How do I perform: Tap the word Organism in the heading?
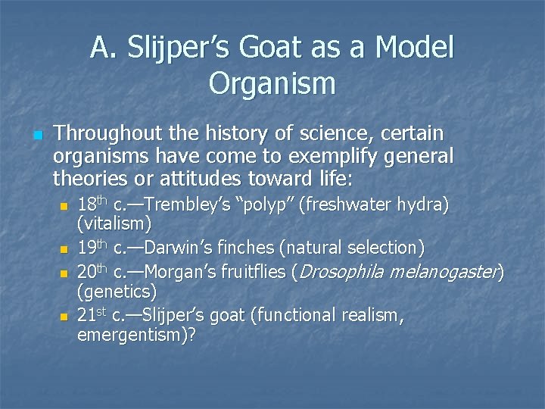[272, 83]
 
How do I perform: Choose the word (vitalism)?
[114, 225]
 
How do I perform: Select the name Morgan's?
[182, 271]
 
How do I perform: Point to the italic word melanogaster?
[453, 271]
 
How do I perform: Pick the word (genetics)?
[117, 291]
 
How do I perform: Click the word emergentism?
[133, 335]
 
